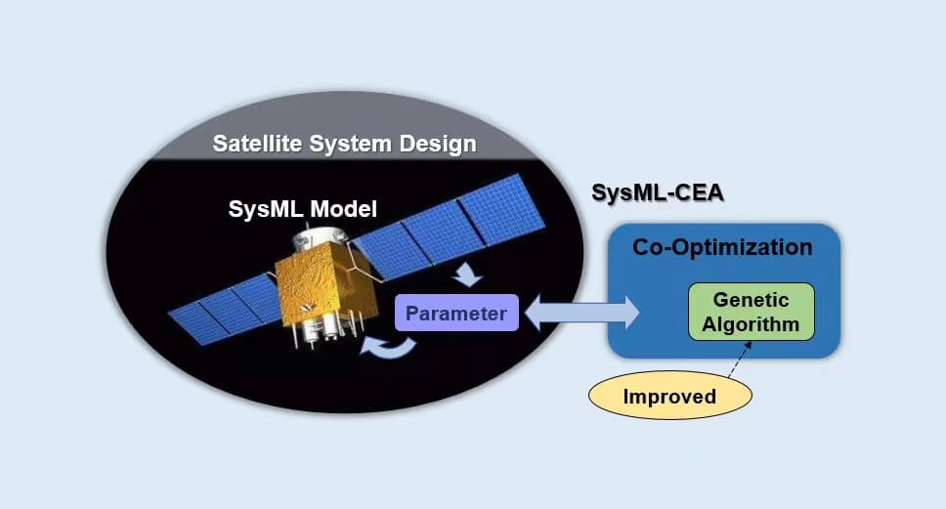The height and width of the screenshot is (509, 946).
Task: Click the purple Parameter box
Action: point(456,313)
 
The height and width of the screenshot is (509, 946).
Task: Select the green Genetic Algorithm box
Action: point(751,312)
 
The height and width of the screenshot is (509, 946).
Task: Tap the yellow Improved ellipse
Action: point(669,397)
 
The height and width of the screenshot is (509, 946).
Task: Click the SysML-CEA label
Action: point(658,193)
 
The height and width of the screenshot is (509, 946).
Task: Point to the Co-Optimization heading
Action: point(722,247)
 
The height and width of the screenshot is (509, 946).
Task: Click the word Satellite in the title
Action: point(257,145)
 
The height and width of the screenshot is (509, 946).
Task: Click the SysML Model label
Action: point(302,208)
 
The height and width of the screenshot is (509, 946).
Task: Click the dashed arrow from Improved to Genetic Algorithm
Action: point(734,360)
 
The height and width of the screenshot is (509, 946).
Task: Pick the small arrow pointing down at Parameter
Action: point(468,275)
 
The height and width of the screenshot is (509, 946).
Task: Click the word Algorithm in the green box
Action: point(751,323)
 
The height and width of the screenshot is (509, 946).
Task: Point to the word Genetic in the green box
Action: point(751,300)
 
